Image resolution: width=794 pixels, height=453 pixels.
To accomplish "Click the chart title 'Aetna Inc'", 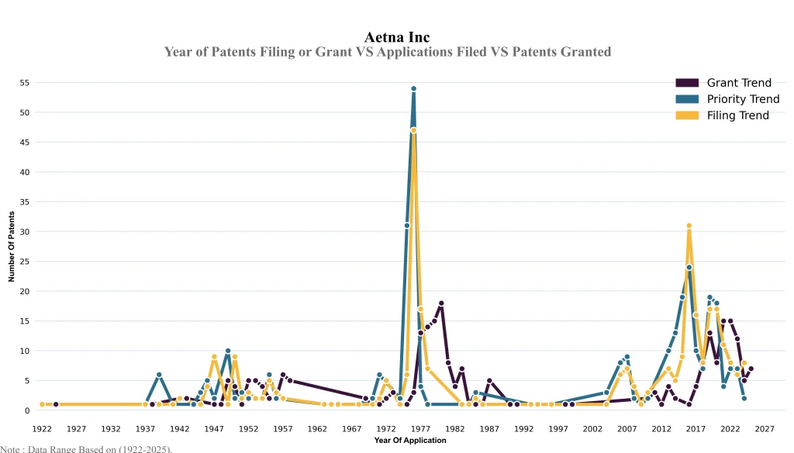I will (x=396, y=37).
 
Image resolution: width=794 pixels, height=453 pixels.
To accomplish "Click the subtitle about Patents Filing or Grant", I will (x=388, y=52).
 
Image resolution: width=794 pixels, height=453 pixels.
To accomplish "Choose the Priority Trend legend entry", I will (x=743, y=99).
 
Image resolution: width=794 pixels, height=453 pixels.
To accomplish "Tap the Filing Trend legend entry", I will (x=737, y=115).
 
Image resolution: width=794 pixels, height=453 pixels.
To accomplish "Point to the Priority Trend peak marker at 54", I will (x=413, y=89).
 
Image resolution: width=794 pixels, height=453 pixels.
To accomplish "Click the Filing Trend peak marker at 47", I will (x=413, y=130).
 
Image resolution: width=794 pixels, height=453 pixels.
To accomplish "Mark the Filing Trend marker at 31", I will (x=689, y=226).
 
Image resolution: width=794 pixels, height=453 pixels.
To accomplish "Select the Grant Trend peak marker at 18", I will (x=441, y=304).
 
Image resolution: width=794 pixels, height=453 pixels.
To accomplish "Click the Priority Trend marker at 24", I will (x=689, y=267).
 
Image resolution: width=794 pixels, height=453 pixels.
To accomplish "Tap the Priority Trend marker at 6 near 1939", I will (x=159, y=375).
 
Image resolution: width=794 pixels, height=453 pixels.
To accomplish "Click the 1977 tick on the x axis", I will (x=420, y=428).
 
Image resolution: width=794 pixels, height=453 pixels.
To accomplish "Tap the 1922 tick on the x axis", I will (x=42, y=428).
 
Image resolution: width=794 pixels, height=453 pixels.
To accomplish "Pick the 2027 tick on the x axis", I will (x=765, y=428).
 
